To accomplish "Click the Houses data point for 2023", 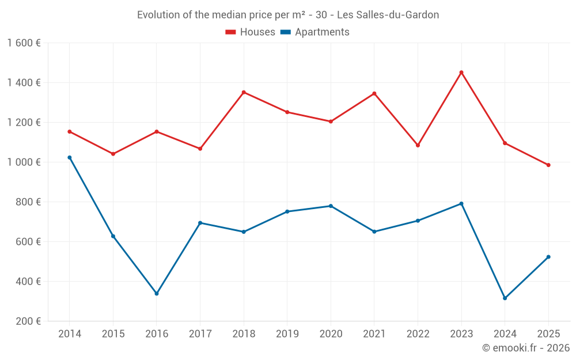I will (x=461, y=73).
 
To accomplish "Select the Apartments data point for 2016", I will (x=157, y=294).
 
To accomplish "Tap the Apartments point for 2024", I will (x=505, y=298).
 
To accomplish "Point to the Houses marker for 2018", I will (x=244, y=92).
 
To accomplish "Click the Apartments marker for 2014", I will (x=70, y=157).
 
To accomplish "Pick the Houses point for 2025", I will (x=548, y=165).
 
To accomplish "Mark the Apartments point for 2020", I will (x=331, y=206).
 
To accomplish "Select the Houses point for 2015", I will (x=113, y=154).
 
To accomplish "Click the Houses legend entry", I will (x=250, y=32).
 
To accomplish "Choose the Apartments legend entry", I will (x=314, y=32).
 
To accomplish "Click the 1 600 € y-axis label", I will (x=24, y=43).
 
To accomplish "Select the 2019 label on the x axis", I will (x=287, y=334).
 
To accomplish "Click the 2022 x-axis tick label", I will (x=418, y=334).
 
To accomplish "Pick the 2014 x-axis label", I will (x=70, y=334).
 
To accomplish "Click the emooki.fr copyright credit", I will (x=525, y=348).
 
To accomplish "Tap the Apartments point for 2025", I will (x=548, y=257).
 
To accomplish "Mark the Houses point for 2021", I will (x=374, y=93).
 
